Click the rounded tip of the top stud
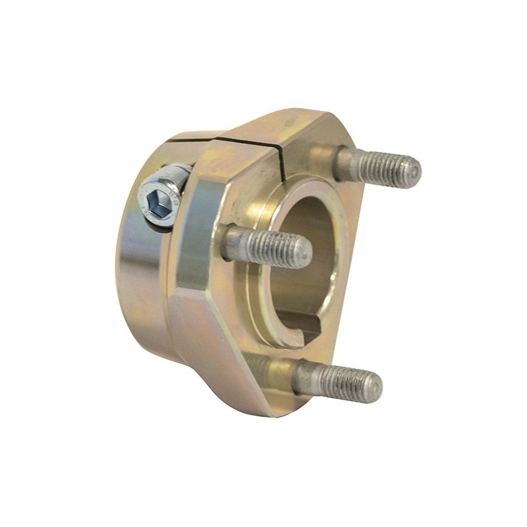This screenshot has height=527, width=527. (413, 172)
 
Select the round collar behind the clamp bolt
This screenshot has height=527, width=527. (142, 277)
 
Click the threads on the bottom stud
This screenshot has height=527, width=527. (349, 382)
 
